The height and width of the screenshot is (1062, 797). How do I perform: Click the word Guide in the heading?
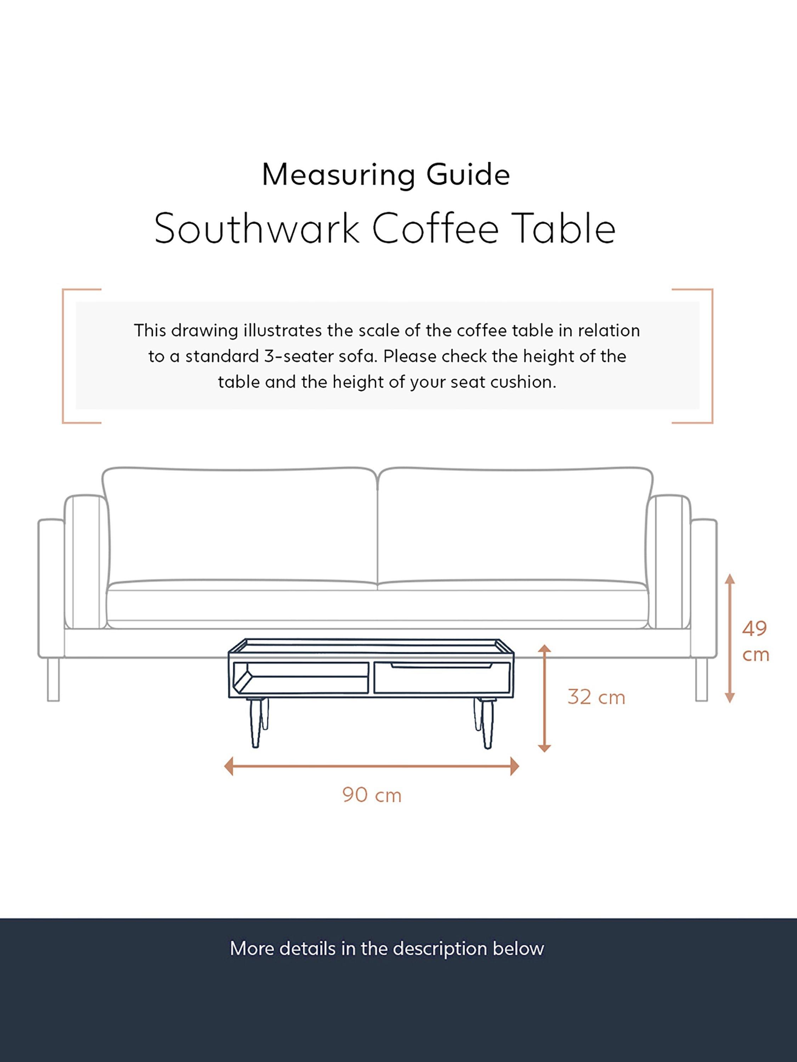[468, 175]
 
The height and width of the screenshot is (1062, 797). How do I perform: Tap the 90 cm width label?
[371, 795]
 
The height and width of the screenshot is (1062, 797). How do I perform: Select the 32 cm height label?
[596, 697]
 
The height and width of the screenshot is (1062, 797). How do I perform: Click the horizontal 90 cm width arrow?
[371, 766]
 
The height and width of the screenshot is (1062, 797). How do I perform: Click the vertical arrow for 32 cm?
[544, 698]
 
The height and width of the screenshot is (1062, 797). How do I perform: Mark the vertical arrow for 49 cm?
[729, 639]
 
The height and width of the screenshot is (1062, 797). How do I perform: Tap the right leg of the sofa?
[701, 679]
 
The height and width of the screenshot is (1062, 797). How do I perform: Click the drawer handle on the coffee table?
[441, 666]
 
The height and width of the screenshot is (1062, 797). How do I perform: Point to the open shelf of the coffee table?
[301, 678]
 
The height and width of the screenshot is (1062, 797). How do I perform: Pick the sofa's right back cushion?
[514, 526]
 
